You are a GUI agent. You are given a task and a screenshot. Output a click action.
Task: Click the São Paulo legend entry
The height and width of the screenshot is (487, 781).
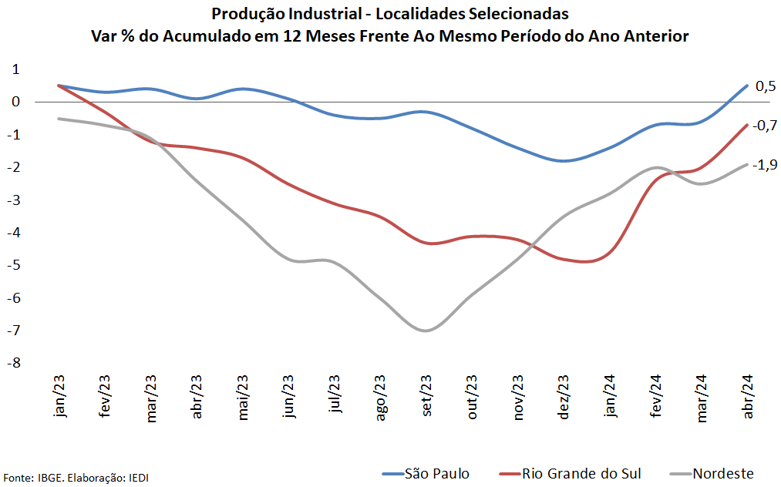426,473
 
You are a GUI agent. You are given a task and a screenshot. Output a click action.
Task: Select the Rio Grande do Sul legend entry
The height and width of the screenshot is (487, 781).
570,473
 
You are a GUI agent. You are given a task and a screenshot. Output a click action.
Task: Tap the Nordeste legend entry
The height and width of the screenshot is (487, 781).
712,473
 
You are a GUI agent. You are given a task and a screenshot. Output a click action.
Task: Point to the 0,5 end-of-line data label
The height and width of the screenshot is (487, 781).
765,86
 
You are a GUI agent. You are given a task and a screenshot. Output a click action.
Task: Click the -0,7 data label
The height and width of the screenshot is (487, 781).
765,125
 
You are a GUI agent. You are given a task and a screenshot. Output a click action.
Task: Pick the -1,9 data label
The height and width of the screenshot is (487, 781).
765,164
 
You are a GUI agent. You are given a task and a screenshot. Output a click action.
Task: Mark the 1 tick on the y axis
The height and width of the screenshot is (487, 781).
15,69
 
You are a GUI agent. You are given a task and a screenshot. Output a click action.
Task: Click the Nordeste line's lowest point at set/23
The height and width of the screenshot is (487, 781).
426,331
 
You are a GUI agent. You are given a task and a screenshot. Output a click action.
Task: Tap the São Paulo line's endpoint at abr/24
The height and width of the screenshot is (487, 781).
746,86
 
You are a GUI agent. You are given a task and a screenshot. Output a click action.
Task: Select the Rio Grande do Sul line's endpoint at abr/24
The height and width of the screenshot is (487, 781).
746,125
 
